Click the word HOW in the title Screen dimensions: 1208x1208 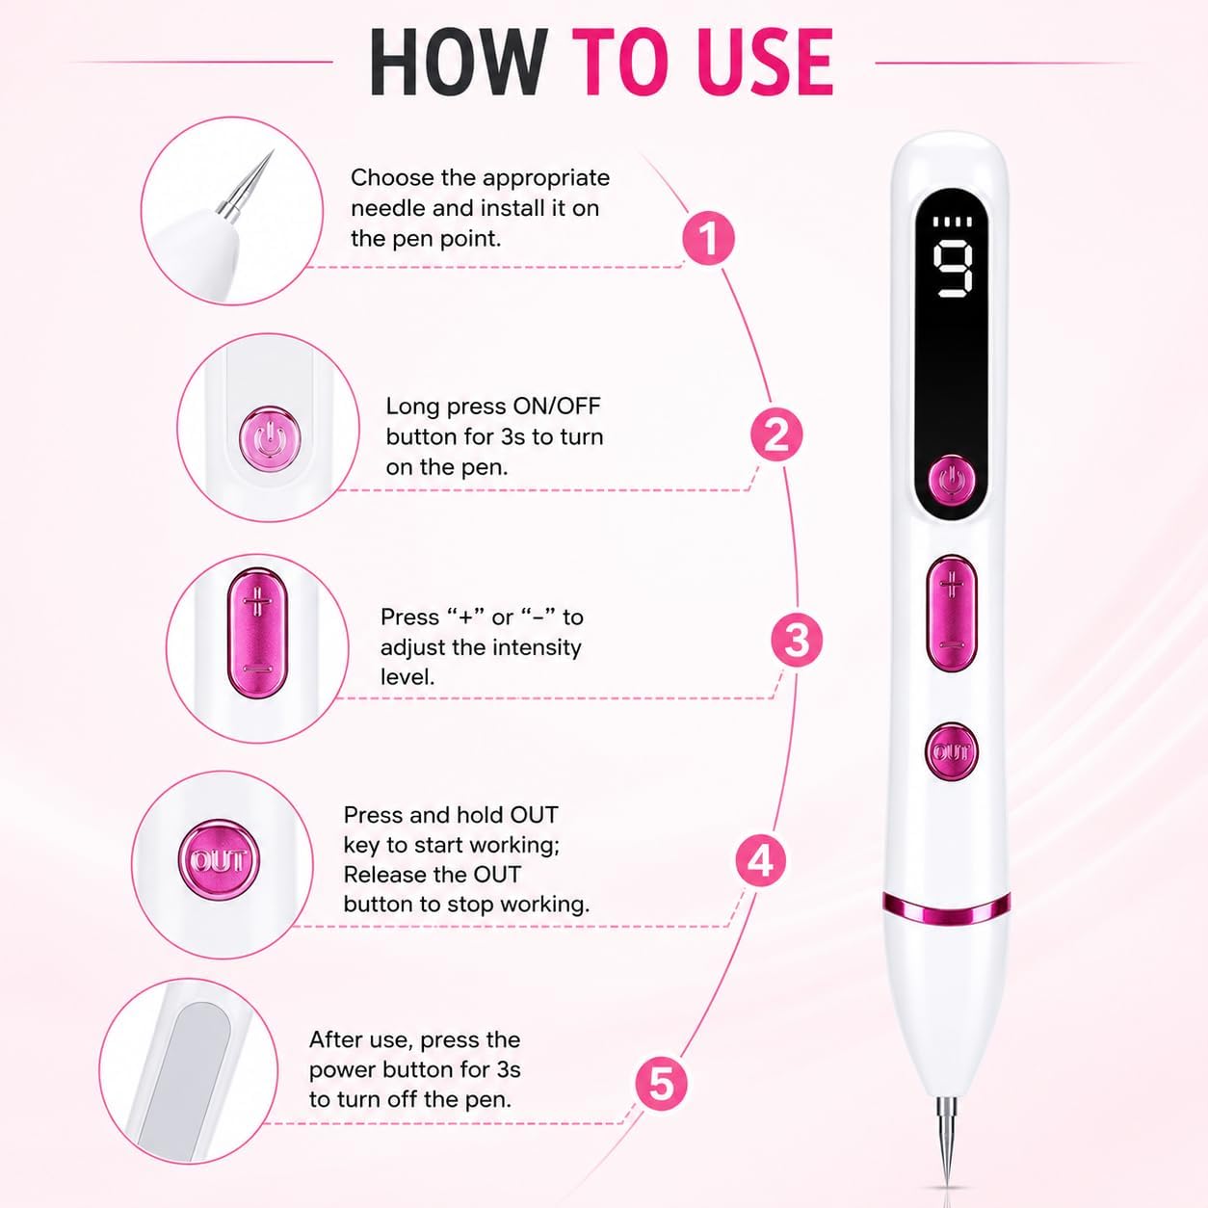(x=458, y=63)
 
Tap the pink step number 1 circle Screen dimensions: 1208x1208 (x=708, y=238)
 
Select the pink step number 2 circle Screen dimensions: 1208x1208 (x=776, y=434)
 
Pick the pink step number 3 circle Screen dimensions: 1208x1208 (x=797, y=640)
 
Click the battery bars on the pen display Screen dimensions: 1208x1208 (x=952, y=222)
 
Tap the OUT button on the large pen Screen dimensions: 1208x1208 (x=951, y=751)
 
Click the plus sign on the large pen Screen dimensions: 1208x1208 (x=952, y=586)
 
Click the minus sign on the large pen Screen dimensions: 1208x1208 (x=952, y=645)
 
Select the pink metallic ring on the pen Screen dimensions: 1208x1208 (x=947, y=908)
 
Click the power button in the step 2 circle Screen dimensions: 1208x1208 (x=270, y=439)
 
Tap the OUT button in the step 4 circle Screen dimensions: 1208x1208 (x=218, y=860)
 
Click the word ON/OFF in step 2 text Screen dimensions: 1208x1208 (x=557, y=407)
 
